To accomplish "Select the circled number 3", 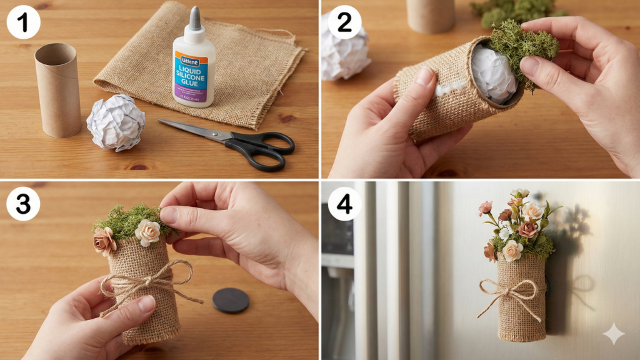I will (23, 204).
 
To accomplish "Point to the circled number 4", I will (344, 204).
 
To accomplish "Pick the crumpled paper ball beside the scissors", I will (116, 122).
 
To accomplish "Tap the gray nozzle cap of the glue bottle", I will (195, 19).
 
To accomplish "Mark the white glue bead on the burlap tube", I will (449, 89).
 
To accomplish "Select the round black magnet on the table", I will (231, 300).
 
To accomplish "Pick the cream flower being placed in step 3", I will (147, 232).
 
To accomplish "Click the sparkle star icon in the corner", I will (613, 334).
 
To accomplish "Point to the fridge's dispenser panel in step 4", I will (337, 237).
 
